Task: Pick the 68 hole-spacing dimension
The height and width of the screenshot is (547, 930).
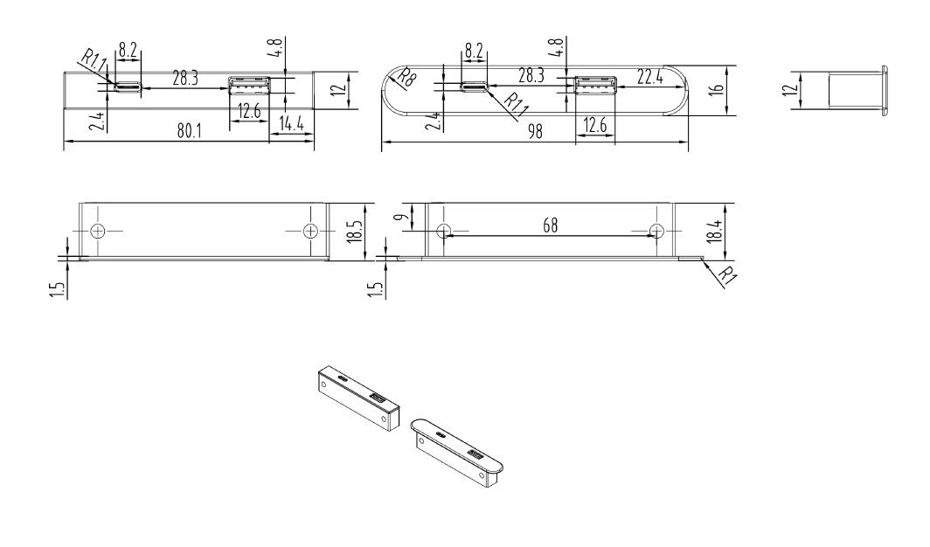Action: point(551,225)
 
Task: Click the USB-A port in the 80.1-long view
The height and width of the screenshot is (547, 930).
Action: point(249,86)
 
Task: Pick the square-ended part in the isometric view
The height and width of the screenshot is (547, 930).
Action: point(356,398)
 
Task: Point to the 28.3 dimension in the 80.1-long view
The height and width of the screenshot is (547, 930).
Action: point(185,78)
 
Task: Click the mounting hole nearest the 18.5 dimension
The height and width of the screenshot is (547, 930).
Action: point(309,231)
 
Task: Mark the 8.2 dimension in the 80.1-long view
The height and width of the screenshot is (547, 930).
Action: point(128,51)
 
